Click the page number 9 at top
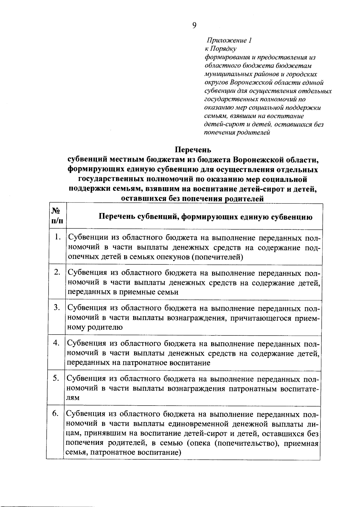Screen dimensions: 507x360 [194, 25]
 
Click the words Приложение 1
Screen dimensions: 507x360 [229, 40]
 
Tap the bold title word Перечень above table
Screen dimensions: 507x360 [193, 149]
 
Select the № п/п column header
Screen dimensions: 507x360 [57, 216]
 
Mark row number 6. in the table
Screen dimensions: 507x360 [55, 413]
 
